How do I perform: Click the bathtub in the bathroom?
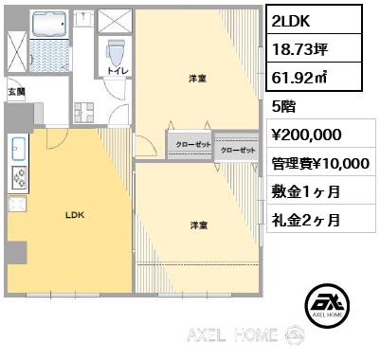pos(49,24)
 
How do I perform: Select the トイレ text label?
pos(118,71)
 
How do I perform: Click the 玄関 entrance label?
pos(16,92)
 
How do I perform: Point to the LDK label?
pos(75,215)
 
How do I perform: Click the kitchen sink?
pos(18,150)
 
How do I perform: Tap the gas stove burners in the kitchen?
pos(19,178)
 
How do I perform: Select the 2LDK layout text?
pos(291,21)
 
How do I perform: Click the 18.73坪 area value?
pos(300,49)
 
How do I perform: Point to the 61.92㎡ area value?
pos(299,78)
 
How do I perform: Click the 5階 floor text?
pos(284,106)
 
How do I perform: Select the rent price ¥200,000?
pos(307,135)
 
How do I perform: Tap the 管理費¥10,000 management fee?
pos(320,163)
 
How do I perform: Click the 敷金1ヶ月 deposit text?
pos(306,191)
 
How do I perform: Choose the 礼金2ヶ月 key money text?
pos(306,220)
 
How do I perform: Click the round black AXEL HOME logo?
pos(328,305)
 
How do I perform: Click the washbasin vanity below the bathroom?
pos(83,113)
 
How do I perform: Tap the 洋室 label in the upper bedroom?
pos(198,79)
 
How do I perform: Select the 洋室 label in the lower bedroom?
pos(199,225)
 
